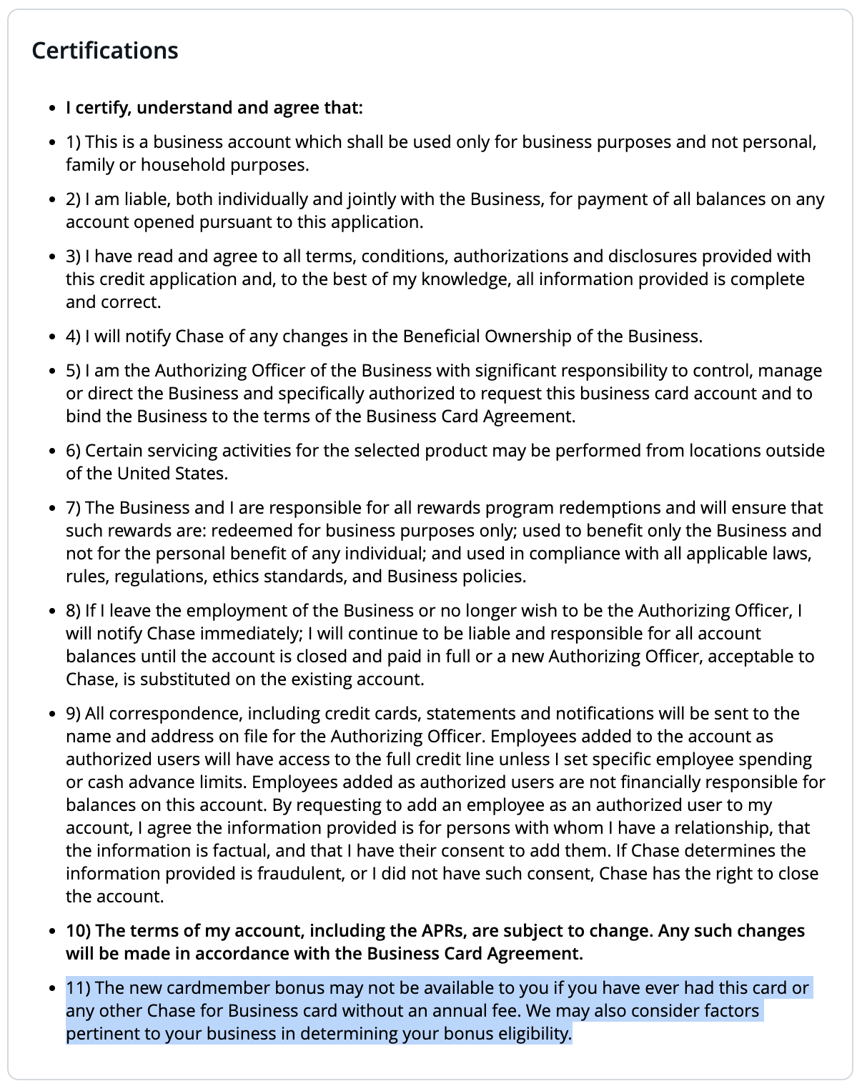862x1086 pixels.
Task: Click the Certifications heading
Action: pos(105,51)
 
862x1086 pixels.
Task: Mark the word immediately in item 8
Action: pos(250,634)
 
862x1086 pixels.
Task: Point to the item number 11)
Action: pos(78,988)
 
